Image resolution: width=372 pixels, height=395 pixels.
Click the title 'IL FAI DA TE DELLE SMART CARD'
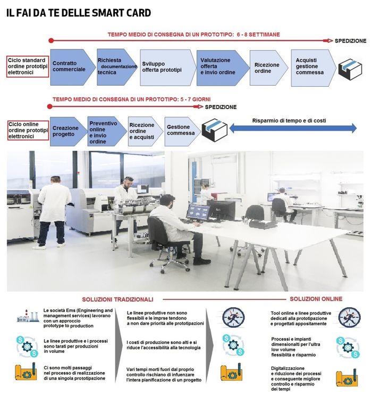point(78,13)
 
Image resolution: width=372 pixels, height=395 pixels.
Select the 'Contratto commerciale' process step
point(69,67)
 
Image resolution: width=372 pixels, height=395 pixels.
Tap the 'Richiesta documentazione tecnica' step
point(114,67)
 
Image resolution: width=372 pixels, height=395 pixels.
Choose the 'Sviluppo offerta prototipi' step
point(162,67)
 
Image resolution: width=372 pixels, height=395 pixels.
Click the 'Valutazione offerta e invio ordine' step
point(218,67)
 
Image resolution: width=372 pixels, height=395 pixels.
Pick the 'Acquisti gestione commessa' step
point(311,67)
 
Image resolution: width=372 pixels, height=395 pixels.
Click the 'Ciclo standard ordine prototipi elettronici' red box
point(27,67)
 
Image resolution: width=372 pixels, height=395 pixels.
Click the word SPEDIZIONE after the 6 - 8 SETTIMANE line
point(350,41)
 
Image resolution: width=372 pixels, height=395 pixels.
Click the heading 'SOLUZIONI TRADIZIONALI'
point(117,299)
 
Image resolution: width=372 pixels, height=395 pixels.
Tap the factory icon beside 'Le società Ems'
point(27,317)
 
